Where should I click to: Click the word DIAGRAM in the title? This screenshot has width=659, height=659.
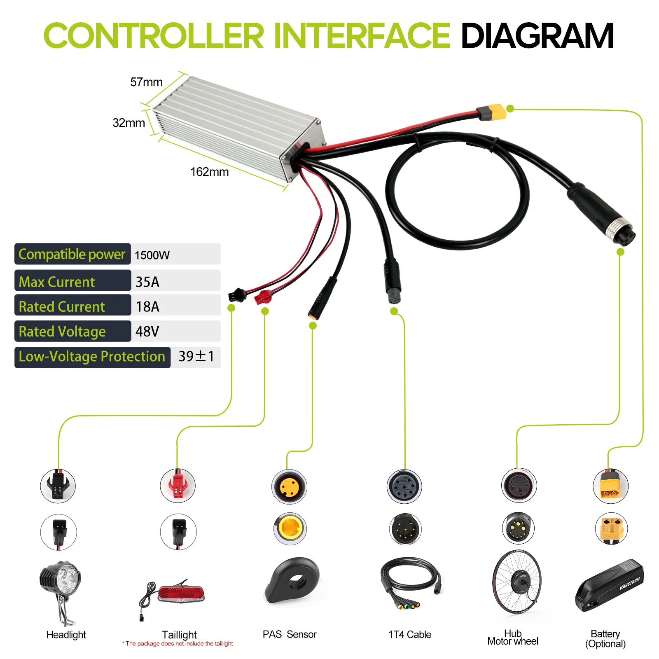(x=537, y=36)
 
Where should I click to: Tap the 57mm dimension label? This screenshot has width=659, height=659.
(x=146, y=82)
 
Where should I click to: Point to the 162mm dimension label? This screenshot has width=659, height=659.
(x=209, y=172)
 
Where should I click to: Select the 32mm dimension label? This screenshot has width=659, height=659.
(x=129, y=123)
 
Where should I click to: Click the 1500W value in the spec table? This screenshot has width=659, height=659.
(x=152, y=255)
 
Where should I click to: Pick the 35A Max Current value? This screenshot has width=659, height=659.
(x=147, y=282)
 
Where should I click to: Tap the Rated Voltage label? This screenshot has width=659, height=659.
(x=62, y=332)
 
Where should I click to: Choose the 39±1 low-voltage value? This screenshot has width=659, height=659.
(x=196, y=356)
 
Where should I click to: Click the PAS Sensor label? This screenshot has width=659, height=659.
(x=290, y=634)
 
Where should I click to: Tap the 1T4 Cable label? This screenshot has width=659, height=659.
(x=409, y=634)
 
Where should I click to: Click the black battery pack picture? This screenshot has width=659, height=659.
(x=610, y=585)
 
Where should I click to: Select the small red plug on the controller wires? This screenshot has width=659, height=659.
(x=263, y=297)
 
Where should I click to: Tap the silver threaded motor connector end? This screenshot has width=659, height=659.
(x=622, y=229)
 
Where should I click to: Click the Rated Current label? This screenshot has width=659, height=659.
(x=62, y=307)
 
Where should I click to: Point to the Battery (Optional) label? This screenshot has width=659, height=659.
(x=605, y=639)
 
